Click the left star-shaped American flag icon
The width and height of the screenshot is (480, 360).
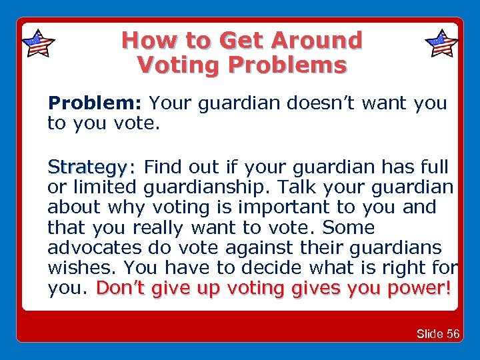tap(38, 45)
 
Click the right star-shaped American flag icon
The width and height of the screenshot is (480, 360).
tap(441, 45)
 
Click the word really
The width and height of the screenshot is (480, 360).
tap(161, 227)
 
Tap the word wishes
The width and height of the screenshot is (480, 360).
tap(82, 268)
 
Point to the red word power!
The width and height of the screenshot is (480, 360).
tap(419, 289)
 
